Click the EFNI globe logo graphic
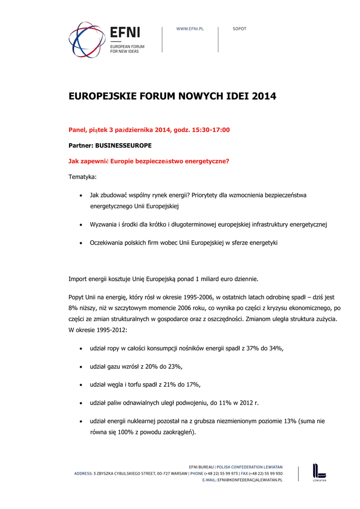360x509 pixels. [87, 40]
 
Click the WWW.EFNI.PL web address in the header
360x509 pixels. [190, 29]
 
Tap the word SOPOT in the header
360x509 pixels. [240, 29]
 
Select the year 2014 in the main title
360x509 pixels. [264, 96]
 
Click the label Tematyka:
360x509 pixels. [83, 177]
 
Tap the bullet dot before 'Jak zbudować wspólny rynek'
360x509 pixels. [81, 195]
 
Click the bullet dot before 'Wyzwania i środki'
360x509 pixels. [81, 225]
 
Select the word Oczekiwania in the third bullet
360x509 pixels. [106, 243]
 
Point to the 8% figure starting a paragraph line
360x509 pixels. [74, 308]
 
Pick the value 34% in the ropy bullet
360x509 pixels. [275, 348]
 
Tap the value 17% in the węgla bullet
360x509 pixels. [192, 384]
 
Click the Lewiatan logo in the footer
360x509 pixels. [319, 473]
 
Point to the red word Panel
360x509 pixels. [77, 130]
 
